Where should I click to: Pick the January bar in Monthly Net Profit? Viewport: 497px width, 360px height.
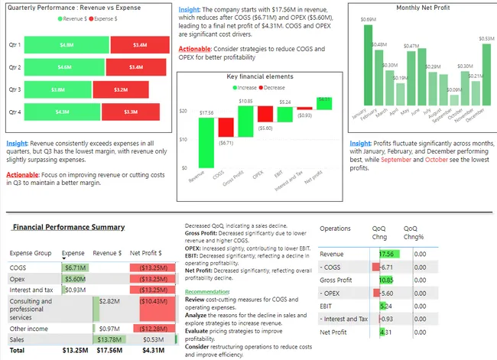pyautogui.click(x=368, y=66)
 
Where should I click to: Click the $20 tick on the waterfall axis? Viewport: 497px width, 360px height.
pyautogui.click(x=183, y=112)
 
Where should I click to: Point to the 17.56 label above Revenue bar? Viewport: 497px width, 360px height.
pyautogui.click(x=206, y=112)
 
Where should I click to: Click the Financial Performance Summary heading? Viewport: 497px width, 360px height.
pyautogui.click(x=69, y=227)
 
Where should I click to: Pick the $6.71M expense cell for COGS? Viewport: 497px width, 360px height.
pyautogui.click(x=74, y=268)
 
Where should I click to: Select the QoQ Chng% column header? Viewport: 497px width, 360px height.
pyautogui.click(x=415, y=232)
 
